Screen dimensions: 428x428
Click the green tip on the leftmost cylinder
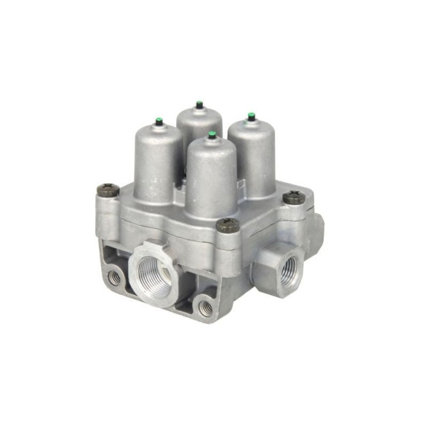tap(158, 120)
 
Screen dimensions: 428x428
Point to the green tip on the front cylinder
tap(212, 135)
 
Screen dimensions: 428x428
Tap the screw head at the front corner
tap(227, 225)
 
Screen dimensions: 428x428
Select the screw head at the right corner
tap(294, 198)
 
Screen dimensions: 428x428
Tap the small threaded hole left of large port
tap(115, 276)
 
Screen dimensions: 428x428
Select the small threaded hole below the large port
tap(205, 308)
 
